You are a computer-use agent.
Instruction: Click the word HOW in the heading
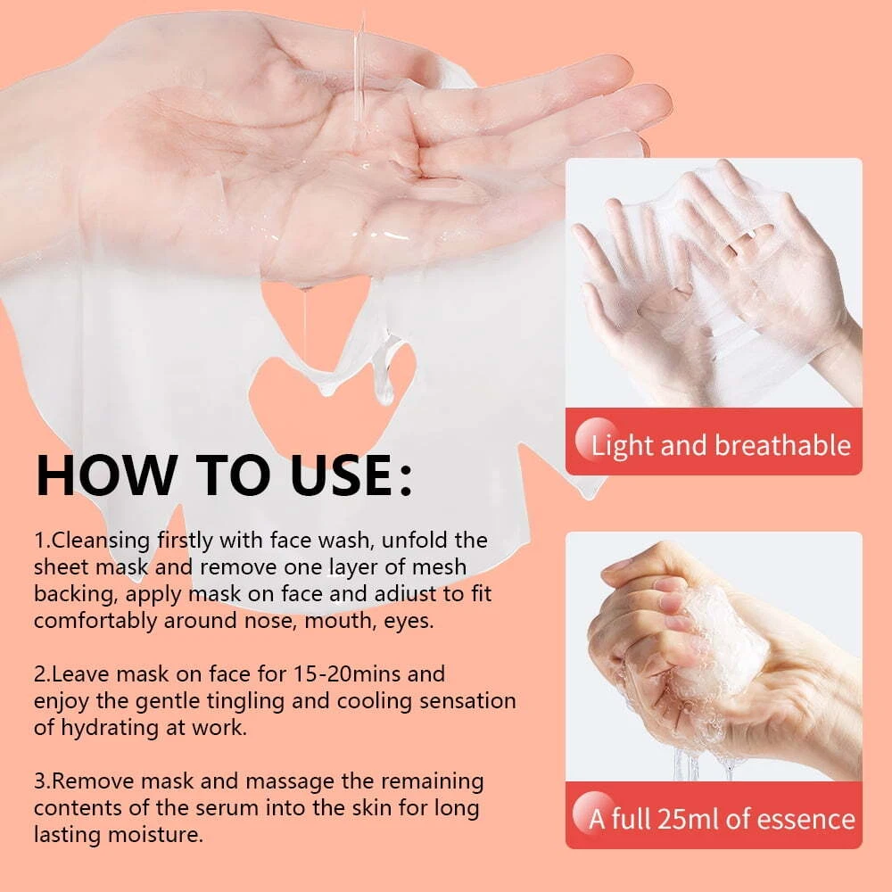click(106, 475)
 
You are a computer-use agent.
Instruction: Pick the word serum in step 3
click(228, 808)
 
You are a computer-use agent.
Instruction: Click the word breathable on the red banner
click(783, 445)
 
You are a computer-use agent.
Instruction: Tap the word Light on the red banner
click(623, 446)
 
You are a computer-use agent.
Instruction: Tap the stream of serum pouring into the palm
click(359, 74)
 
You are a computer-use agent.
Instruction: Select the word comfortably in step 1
click(95, 621)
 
